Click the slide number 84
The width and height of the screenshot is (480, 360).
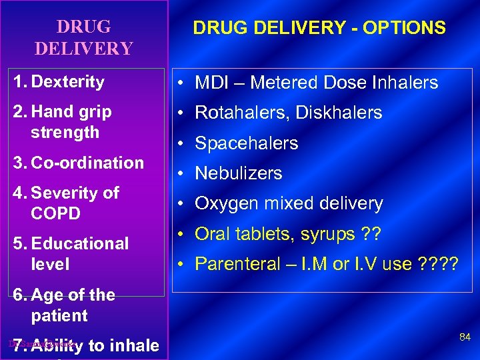coord(465,337)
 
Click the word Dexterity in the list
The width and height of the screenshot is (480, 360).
coord(67,82)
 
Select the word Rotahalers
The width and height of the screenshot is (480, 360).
coord(235,113)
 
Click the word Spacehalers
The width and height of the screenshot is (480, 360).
coord(246,143)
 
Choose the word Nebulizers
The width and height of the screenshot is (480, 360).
coord(238,173)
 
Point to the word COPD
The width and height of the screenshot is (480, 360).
coord(55,213)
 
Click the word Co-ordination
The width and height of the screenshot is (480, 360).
coord(87,163)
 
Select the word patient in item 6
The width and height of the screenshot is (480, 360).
coord(59,315)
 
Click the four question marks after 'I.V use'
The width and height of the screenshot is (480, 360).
coord(438,264)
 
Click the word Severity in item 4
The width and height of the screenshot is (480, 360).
coord(63,193)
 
